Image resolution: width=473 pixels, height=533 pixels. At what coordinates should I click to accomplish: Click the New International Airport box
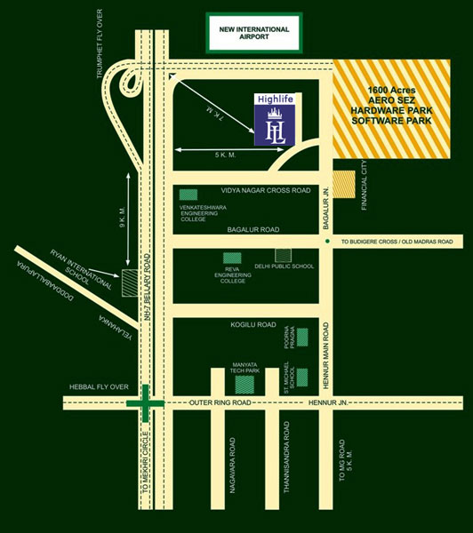(254, 33)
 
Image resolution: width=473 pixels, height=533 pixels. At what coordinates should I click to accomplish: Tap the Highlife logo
(275, 119)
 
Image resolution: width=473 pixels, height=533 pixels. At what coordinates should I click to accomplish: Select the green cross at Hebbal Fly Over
(145, 403)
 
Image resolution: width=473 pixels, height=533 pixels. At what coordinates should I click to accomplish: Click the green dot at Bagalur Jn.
(327, 241)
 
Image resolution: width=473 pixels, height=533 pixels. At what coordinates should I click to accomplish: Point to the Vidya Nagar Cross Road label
(266, 190)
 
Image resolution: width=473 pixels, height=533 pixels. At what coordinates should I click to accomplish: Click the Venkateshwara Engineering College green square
(188, 195)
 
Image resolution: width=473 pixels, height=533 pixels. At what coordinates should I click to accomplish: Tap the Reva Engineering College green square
(232, 258)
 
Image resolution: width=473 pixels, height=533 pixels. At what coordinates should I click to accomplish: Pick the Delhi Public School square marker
(283, 255)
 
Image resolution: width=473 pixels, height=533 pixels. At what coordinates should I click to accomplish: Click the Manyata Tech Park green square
(245, 385)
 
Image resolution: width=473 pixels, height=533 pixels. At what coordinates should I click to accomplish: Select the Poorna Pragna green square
(302, 338)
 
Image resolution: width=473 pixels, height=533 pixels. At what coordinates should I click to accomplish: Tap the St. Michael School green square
(302, 378)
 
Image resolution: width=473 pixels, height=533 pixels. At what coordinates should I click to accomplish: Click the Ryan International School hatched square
(130, 282)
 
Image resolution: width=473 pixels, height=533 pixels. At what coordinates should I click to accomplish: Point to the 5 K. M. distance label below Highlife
(225, 155)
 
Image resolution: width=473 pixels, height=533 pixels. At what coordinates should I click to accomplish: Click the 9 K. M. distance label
(122, 217)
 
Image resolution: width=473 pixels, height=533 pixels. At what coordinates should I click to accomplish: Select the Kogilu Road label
(253, 324)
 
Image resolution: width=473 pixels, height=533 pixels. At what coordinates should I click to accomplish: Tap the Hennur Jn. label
(328, 402)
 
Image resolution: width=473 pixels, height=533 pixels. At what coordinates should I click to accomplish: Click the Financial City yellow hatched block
(344, 184)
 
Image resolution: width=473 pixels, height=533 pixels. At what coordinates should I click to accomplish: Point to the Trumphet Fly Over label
(100, 44)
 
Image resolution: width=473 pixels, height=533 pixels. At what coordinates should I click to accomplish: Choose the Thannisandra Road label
(286, 457)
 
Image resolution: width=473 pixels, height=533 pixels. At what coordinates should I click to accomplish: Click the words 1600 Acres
(392, 90)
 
